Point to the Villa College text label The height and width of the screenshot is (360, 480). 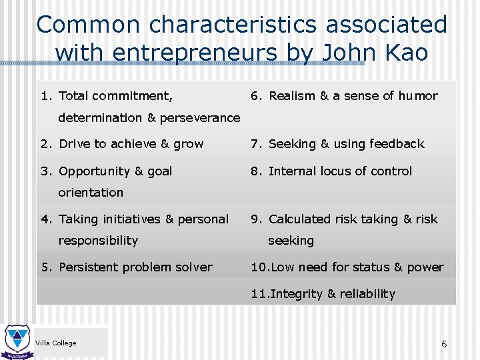(55, 343)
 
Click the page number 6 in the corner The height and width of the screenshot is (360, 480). (443, 344)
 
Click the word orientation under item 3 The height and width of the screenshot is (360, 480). (91, 193)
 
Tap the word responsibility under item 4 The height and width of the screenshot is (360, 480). (98, 241)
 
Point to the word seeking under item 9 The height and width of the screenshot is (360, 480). (291, 241)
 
